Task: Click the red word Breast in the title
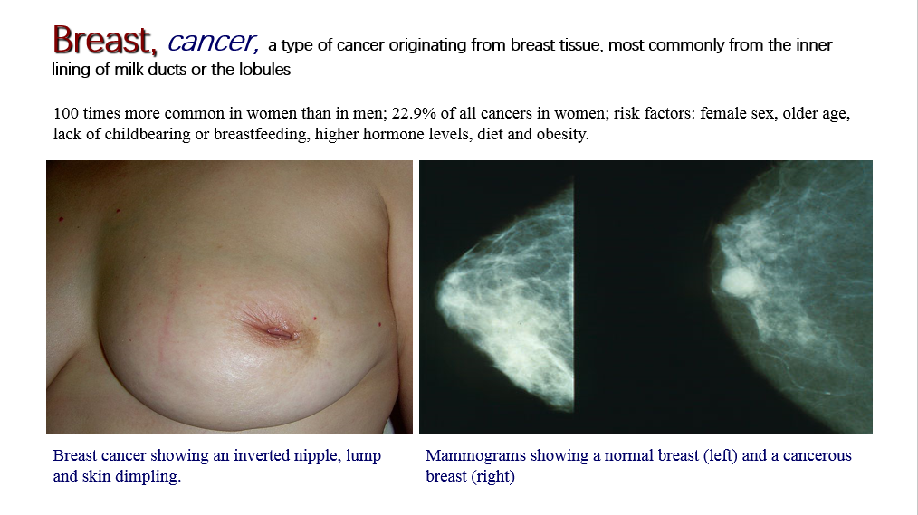click(x=105, y=40)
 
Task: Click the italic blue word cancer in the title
click(x=213, y=42)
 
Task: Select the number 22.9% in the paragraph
click(x=414, y=113)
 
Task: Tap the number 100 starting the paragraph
click(x=65, y=113)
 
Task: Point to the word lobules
click(x=264, y=69)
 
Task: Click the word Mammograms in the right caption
click(x=462, y=455)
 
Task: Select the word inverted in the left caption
click(x=259, y=455)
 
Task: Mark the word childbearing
click(x=147, y=134)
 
